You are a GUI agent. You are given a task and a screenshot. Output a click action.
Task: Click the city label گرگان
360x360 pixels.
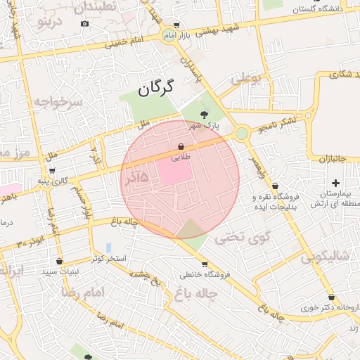[156, 89]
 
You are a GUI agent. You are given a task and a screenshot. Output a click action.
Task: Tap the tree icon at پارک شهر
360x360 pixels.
[204, 113]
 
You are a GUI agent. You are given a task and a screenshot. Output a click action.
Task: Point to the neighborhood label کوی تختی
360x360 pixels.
[242, 237]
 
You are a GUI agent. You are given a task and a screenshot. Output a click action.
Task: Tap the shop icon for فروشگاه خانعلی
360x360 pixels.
[205, 264]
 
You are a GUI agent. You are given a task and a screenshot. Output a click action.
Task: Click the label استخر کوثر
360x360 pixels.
[109, 259]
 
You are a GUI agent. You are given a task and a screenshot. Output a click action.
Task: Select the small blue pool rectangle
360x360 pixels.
[108, 247]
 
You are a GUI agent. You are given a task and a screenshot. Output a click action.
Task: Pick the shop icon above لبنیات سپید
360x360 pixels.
[59, 261]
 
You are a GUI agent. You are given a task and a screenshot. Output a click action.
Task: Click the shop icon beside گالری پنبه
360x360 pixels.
[51, 170]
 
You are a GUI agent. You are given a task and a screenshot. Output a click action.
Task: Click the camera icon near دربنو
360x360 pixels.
[84, 23]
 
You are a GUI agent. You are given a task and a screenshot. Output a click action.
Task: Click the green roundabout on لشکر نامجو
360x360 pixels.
[241, 132]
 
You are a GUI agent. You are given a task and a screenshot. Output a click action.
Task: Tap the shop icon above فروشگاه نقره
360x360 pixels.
[274, 186]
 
